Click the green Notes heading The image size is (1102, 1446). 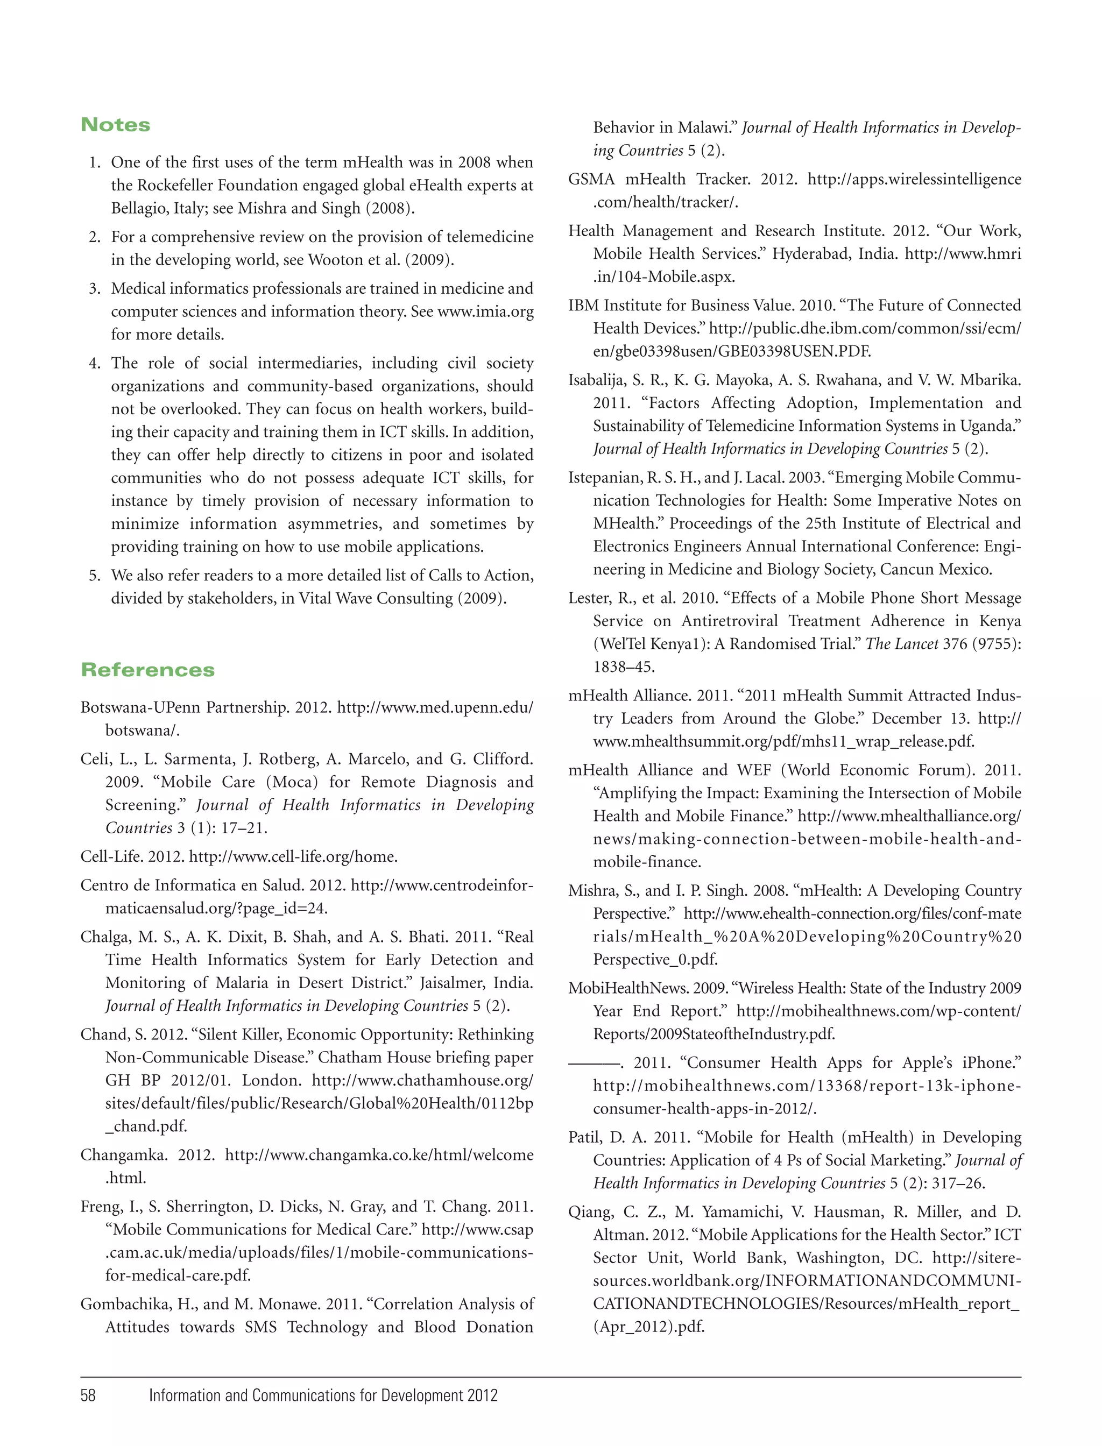tap(116, 125)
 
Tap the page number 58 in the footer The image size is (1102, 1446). tap(88, 1395)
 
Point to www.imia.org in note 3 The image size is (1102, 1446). tap(485, 311)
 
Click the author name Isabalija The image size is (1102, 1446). tap(596, 380)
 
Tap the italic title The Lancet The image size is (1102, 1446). tap(901, 644)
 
